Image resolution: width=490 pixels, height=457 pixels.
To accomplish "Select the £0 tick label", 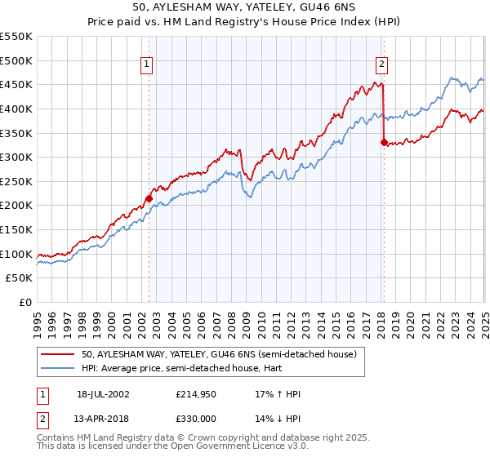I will (24, 302).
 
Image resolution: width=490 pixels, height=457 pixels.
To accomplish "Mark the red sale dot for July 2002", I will (149, 197).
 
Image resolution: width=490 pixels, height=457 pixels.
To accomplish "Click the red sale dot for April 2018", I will (384, 142).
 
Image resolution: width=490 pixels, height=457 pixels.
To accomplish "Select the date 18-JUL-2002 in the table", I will (103, 394).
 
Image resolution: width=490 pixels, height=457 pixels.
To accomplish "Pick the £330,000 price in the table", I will (197, 417).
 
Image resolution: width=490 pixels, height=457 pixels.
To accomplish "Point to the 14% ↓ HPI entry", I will (278, 417).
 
